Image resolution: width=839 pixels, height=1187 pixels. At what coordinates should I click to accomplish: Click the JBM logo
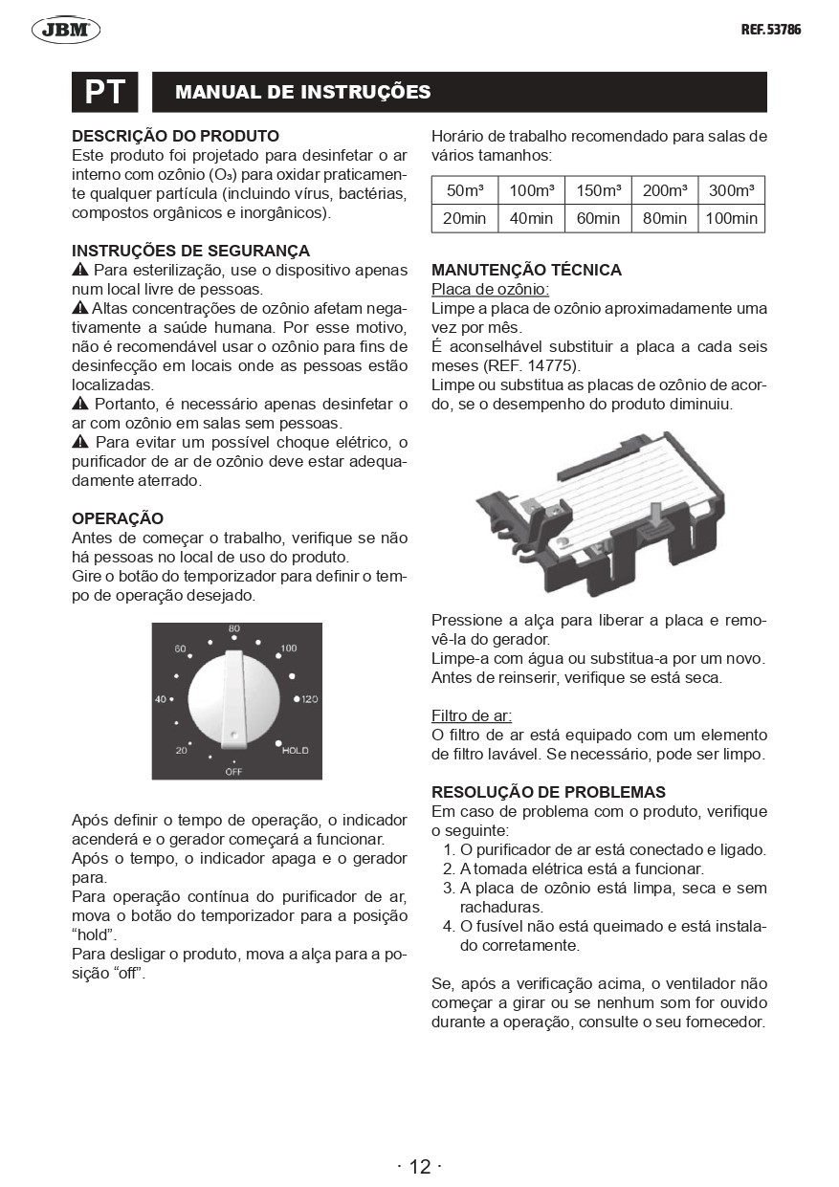[66, 31]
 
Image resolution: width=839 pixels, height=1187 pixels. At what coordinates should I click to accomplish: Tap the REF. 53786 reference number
[770, 30]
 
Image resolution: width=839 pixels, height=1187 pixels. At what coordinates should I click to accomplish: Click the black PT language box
[105, 92]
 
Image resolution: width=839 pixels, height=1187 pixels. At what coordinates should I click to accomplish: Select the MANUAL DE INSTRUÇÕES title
[303, 92]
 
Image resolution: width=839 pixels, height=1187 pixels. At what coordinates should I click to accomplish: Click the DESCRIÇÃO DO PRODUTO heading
[176, 136]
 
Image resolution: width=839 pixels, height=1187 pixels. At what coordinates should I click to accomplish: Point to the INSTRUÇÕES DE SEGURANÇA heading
[191, 251]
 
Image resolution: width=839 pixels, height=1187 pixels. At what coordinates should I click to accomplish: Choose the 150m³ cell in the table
[598, 189]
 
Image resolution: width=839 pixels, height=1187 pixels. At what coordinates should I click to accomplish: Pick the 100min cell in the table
[732, 218]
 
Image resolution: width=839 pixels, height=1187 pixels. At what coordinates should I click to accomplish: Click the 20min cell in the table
[465, 218]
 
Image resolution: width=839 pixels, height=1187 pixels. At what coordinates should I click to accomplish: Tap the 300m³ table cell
[732, 189]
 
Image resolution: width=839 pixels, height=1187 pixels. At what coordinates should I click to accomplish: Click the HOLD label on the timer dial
[295, 751]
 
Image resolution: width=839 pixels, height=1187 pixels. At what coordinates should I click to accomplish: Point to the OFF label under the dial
[233, 770]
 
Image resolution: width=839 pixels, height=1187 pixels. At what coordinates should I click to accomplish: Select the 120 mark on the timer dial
[308, 699]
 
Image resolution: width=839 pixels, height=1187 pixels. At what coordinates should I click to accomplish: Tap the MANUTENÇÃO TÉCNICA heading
[526, 270]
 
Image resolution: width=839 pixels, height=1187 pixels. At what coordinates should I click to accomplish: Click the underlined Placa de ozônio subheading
[490, 289]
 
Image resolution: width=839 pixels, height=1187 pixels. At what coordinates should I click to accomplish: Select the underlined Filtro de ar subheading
[472, 715]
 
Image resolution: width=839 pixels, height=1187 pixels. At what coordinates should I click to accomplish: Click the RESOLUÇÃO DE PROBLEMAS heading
[548, 792]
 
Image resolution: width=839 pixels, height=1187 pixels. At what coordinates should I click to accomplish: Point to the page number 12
[420, 1166]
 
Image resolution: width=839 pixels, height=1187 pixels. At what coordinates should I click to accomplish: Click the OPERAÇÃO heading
[118, 518]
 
